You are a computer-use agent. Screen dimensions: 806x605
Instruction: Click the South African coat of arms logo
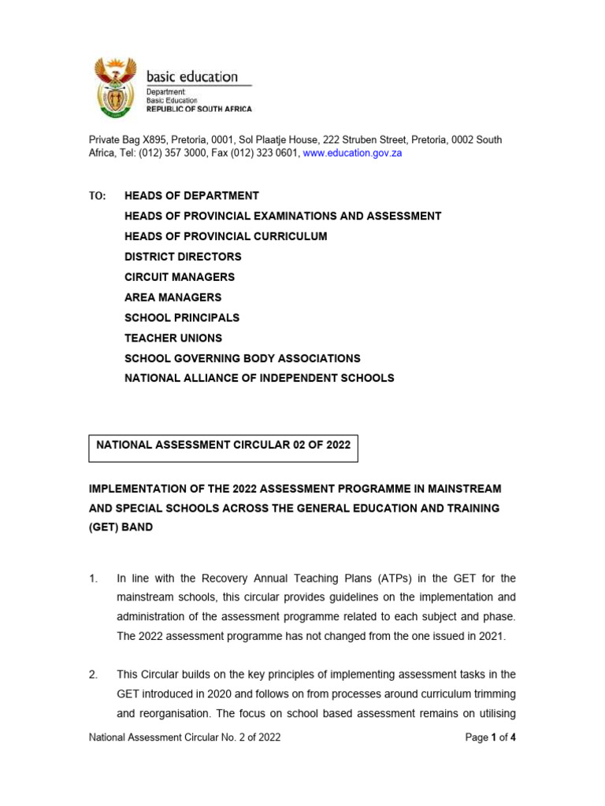(115, 87)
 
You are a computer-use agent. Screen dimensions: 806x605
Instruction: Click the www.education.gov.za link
(352, 153)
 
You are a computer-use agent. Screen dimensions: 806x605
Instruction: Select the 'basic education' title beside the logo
(191, 76)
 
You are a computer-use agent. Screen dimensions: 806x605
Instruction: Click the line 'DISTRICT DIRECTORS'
(183, 257)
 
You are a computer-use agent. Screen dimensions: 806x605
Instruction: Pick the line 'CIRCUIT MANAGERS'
(180, 277)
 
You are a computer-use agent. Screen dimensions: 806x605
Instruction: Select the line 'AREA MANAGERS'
(173, 298)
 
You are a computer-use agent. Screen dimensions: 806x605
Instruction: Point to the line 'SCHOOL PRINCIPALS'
(182, 318)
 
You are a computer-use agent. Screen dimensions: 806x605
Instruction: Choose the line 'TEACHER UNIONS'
(173, 338)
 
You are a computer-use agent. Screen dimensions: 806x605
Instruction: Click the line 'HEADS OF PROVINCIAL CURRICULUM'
(225, 236)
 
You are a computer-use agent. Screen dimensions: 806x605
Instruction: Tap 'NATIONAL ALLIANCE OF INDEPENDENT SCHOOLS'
(259, 379)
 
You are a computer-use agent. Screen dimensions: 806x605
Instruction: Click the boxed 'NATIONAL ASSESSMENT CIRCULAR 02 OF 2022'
(223, 445)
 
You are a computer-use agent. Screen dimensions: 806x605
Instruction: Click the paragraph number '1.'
(93, 579)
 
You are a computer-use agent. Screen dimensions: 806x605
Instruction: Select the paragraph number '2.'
(93, 675)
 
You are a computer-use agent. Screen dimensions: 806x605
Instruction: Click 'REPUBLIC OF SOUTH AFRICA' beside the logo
(199, 109)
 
